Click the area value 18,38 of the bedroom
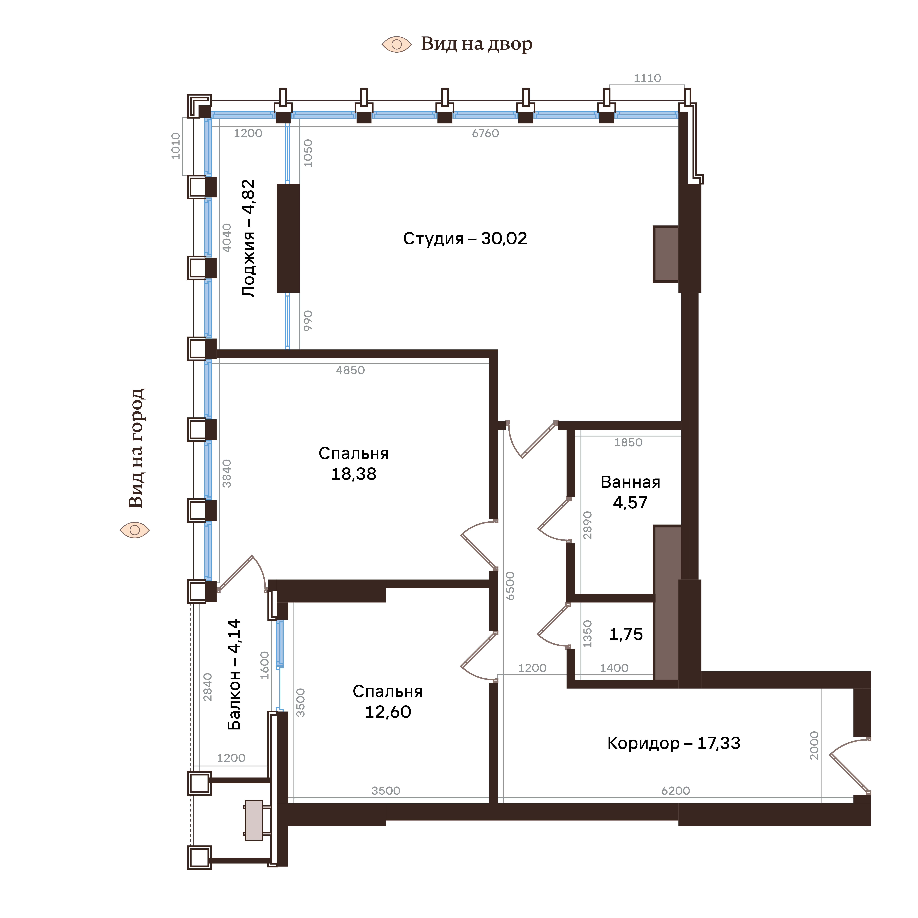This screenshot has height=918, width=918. [354, 474]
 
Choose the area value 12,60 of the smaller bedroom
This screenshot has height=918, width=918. [388, 712]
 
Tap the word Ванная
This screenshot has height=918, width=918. [630, 482]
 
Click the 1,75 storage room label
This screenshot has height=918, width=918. [626, 634]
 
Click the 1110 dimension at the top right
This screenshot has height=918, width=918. [647, 78]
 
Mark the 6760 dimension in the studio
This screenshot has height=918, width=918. [485, 134]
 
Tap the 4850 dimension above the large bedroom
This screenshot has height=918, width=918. [350, 370]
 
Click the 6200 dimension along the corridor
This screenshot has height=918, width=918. [675, 791]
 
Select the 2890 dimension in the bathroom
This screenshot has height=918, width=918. [588, 525]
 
